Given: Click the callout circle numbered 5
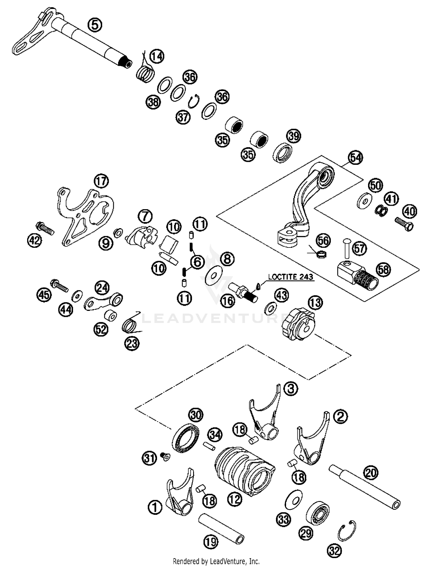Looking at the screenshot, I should pyautogui.click(x=95, y=25).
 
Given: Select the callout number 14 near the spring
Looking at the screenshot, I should pyautogui.click(x=157, y=56).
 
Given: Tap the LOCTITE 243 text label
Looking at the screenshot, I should pyautogui.click(x=290, y=277).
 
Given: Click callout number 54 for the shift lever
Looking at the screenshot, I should pyautogui.click(x=355, y=158).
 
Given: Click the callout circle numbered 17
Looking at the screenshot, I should pyautogui.click(x=101, y=181).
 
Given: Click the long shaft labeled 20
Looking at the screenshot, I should pyautogui.click(x=365, y=488).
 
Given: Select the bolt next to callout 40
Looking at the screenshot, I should pyautogui.click(x=404, y=224).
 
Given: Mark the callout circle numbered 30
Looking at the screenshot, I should pyautogui.click(x=196, y=415).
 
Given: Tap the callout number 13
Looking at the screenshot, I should pyautogui.click(x=316, y=303).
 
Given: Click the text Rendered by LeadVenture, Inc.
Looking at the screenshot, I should pyautogui.click(x=216, y=561).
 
